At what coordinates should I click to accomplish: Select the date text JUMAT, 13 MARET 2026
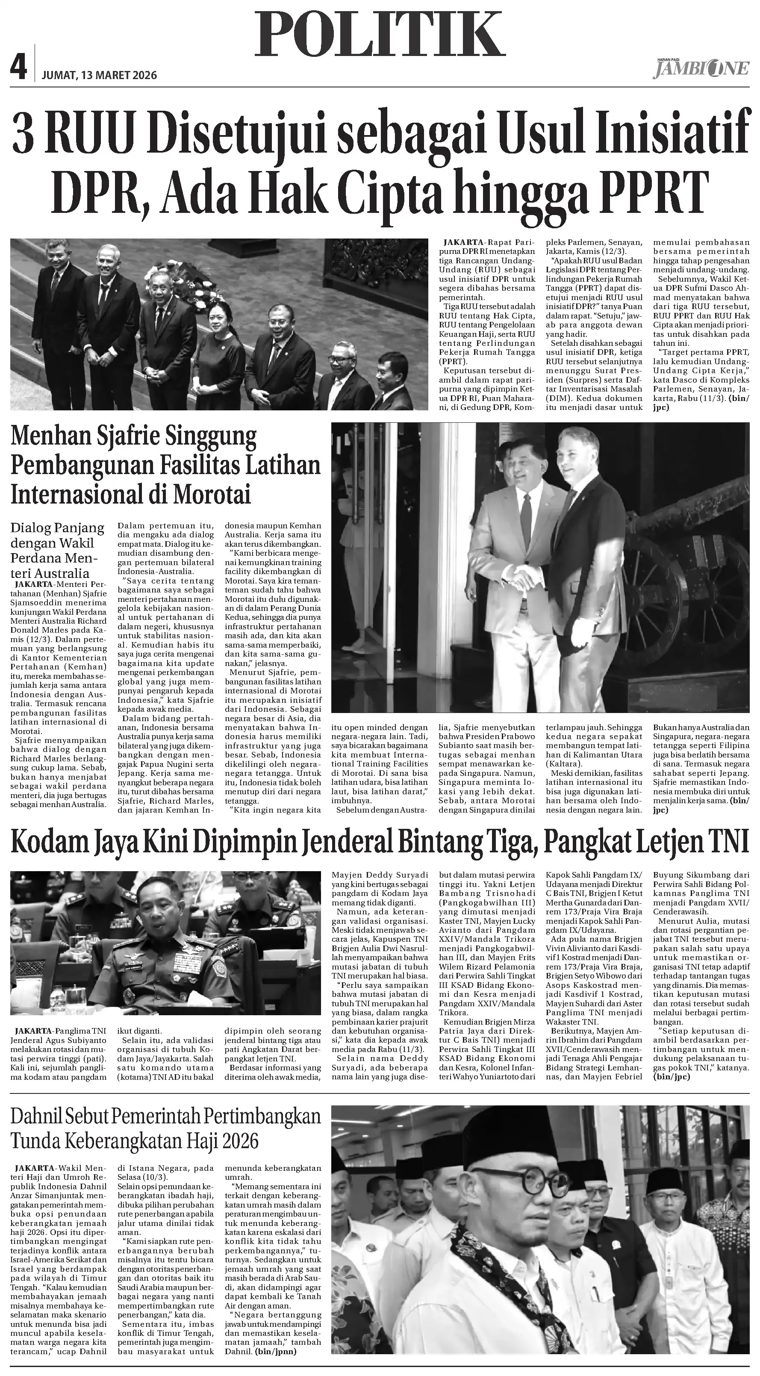click(x=99, y=75)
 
